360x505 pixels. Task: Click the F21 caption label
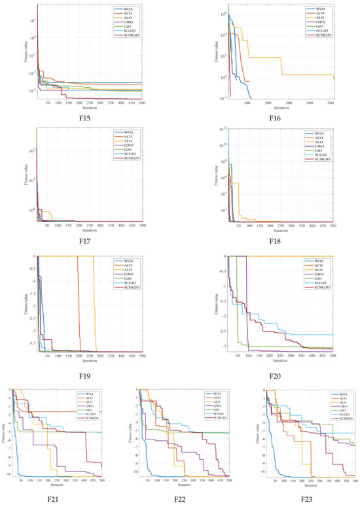point(60,499)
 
